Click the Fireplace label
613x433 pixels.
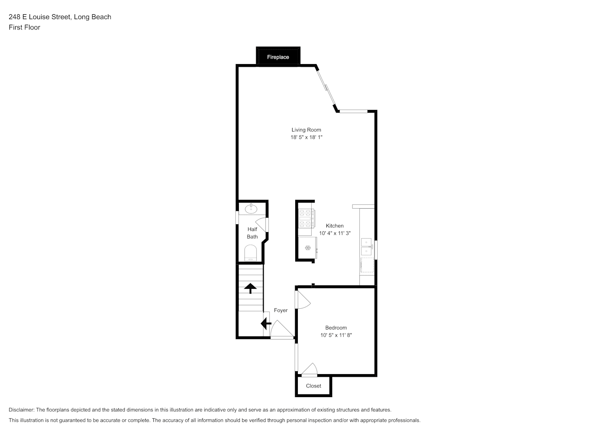tap(278, 57)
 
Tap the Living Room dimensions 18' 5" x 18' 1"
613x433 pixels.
tap(306, 137)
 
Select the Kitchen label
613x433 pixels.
tap(334, 226)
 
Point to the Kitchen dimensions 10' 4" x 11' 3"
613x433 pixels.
tap(334, 233)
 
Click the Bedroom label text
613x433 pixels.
tap(336, 327)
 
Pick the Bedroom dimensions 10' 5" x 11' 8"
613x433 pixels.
tap(336, 335)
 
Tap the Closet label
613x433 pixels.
tap(313, 386)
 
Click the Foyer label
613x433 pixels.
tap(280, 310)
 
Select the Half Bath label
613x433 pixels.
tap(252, 233)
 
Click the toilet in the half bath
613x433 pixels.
tap(250, 253)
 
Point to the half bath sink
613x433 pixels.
tap(251, 209)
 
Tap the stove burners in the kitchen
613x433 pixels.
tap(305, 218)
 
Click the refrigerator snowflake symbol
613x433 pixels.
tap(308, 248)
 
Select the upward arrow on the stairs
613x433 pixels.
tap(250, 288)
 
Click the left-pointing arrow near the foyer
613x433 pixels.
tap(266, 323)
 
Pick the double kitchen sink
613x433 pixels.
tap(366, 246)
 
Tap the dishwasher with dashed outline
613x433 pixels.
tap(367, 265)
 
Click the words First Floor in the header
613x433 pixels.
tap(24, 27)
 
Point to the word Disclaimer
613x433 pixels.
tap(22, 410)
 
